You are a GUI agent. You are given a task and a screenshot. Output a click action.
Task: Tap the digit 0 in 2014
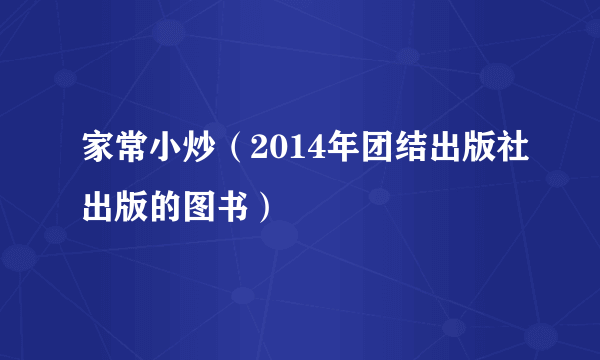(265, 153)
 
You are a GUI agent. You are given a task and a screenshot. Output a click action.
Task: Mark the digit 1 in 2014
(280, 153)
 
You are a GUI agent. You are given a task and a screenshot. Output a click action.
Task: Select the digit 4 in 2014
(295, 153)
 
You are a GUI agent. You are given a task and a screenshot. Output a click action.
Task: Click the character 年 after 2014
(321, 153)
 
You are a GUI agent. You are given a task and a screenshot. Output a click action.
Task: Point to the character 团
(353, 153)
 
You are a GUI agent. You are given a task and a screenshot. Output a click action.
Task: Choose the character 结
(385, 153)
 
